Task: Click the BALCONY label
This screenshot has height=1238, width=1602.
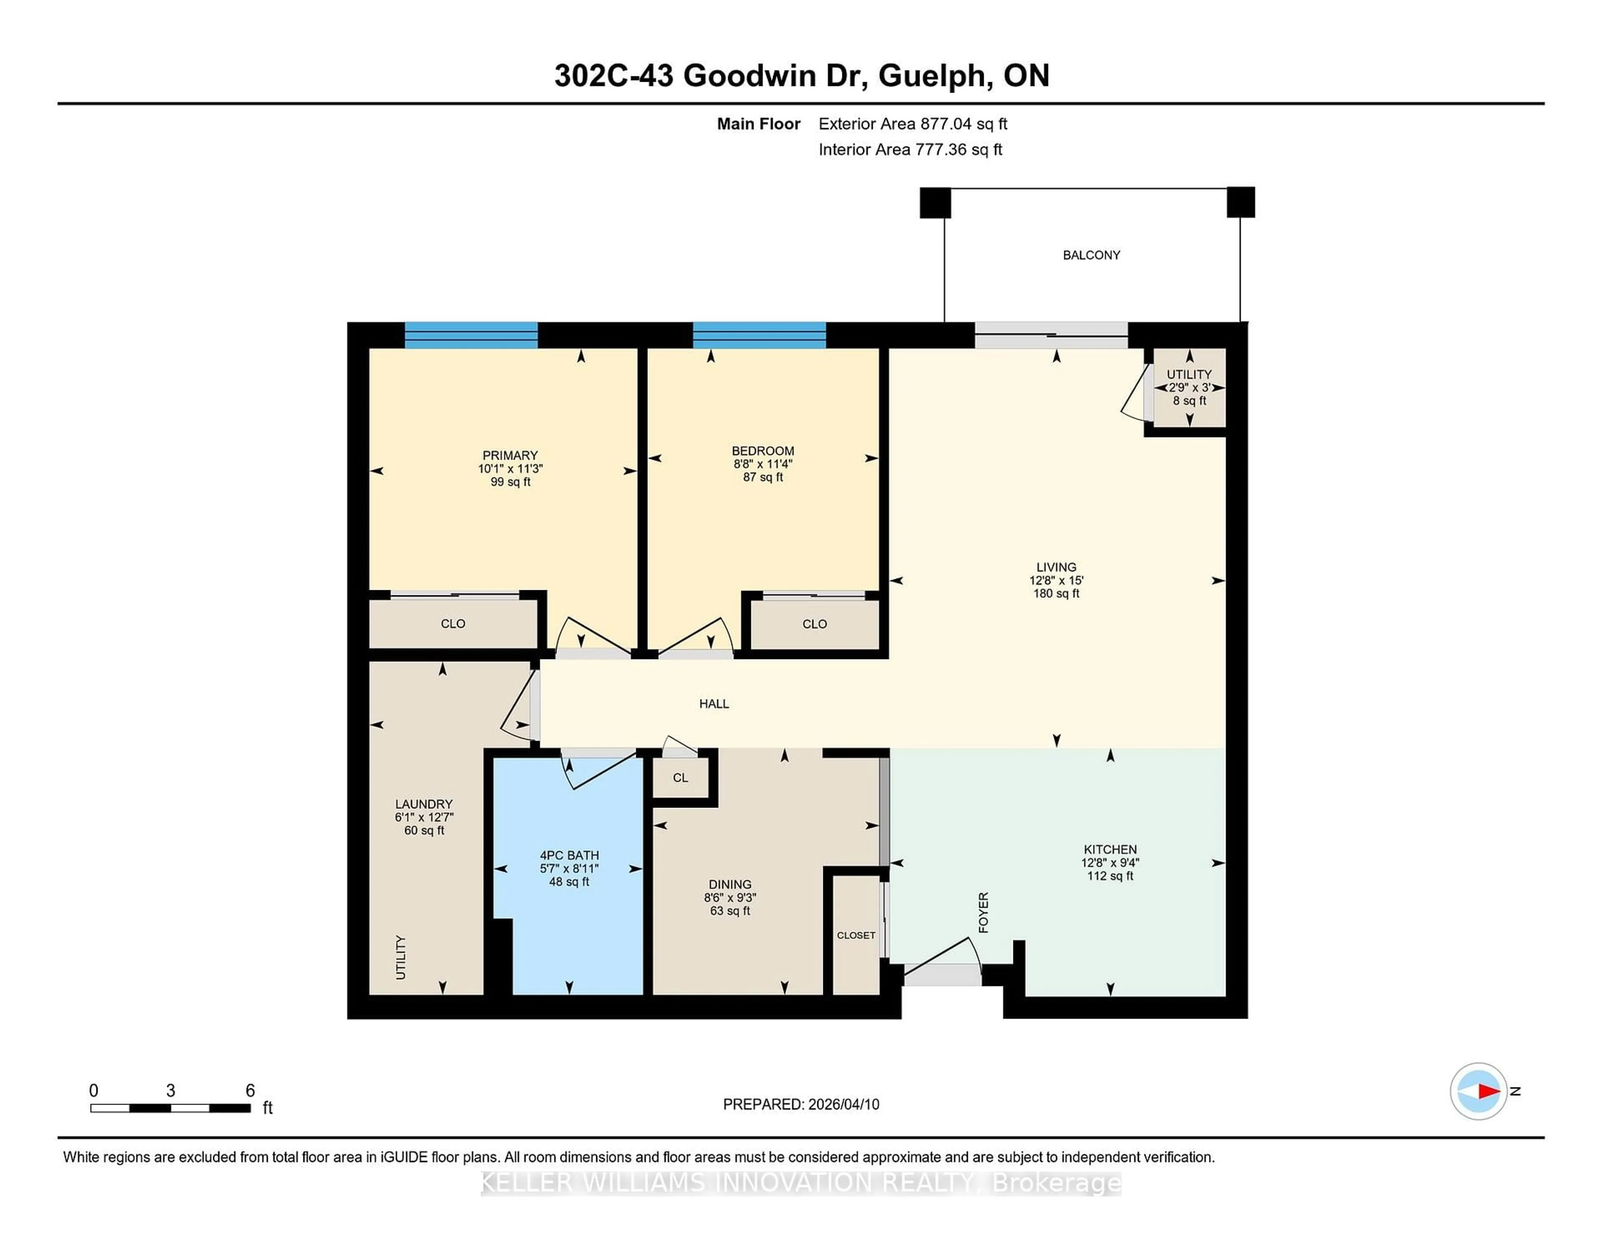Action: tap(1091, 255)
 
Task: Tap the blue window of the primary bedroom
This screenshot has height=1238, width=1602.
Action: tap(471, 335)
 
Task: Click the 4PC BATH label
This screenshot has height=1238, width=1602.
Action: tap(569, 855)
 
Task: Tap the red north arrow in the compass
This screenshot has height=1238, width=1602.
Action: tap(1488, 1091)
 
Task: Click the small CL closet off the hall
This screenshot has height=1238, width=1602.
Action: tap(680, 778)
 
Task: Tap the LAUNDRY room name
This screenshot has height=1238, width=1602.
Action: tap(424, 804)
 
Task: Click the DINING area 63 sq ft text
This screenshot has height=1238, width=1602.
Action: tap(730, 911)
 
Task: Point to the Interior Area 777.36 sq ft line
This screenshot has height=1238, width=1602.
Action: tap(909, 150)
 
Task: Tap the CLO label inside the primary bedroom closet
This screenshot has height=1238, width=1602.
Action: tap(453, 624)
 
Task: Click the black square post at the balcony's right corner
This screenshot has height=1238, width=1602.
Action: tap(1240, 202)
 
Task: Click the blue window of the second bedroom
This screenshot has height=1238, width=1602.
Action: tap(759, 335)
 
